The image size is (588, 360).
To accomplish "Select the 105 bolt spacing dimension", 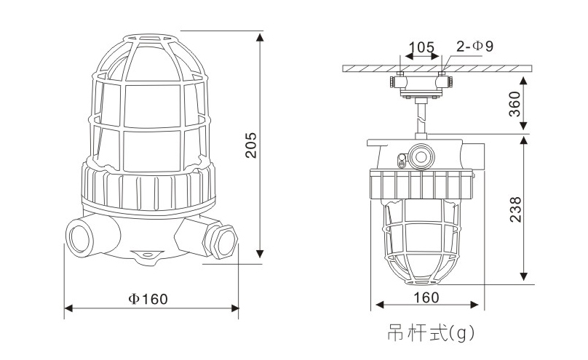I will click(421, 48).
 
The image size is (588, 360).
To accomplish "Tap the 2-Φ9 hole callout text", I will click(474, 47).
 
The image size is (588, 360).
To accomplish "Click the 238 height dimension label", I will click(514, 210).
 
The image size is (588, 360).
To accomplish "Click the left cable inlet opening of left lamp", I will click(76, 236).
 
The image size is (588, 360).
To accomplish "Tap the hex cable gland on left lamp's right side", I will click(223, 238).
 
